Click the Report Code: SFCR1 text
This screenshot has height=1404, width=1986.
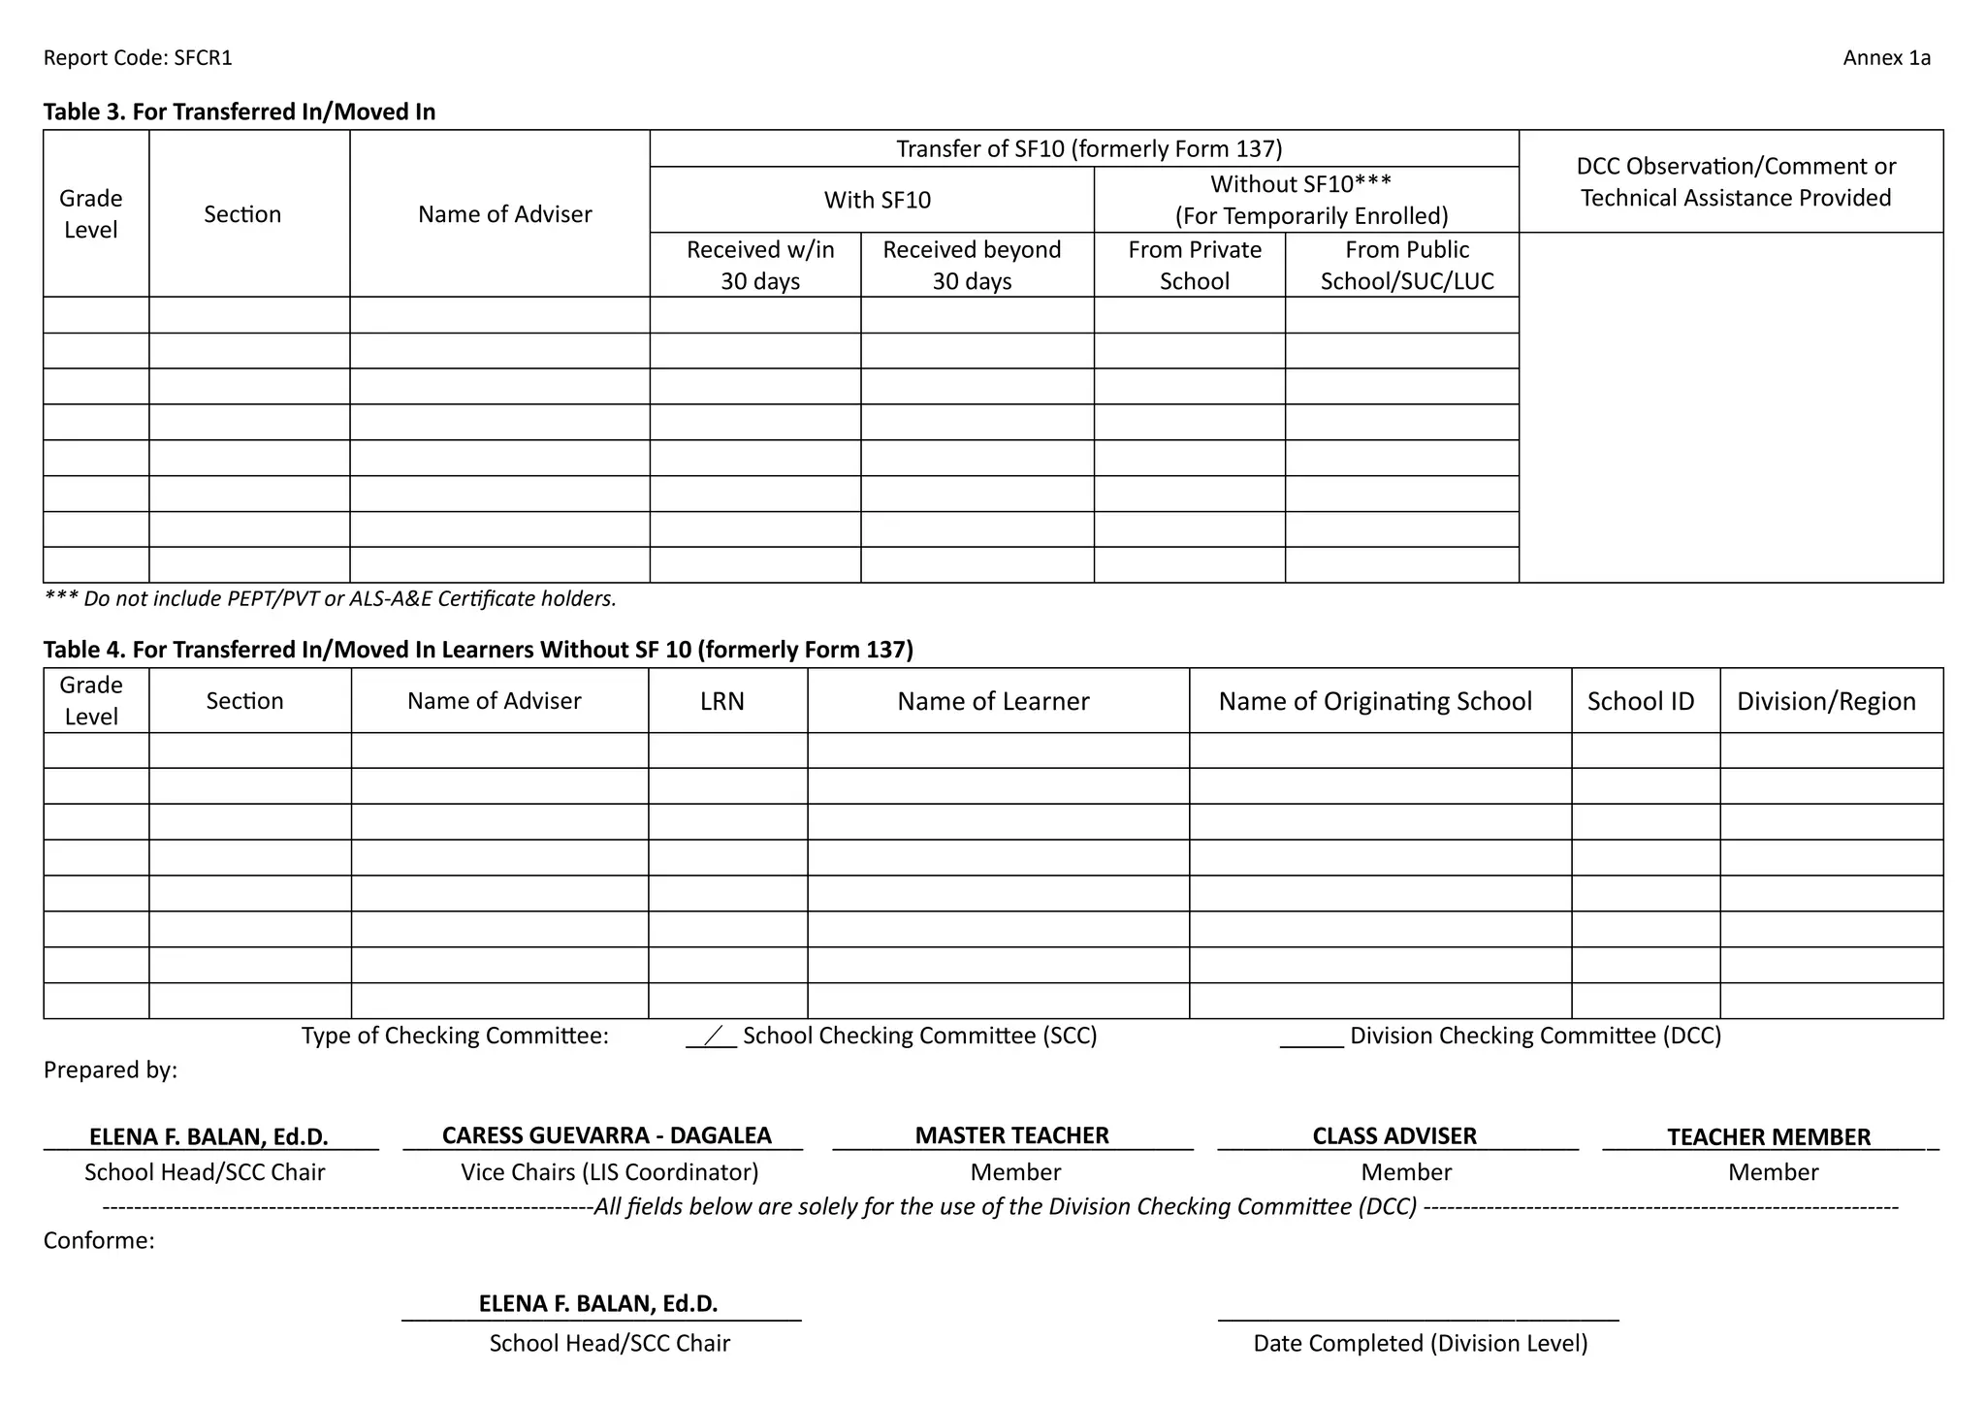138,58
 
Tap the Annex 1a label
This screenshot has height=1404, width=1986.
1886,58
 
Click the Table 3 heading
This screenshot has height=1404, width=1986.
240,112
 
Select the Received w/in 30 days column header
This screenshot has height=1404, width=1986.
760,265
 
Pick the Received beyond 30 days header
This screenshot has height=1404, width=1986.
972,265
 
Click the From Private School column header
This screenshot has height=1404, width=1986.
1195,265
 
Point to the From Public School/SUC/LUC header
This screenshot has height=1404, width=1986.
1406,265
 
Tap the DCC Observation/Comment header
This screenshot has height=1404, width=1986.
1735,181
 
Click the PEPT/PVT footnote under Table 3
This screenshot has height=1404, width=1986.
331,599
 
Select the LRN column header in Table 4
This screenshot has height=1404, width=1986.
722,701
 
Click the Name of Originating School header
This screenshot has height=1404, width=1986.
1375,701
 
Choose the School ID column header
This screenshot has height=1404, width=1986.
1641,701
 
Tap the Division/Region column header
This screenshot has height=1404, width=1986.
1826,701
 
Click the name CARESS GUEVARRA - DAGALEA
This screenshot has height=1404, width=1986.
606,1135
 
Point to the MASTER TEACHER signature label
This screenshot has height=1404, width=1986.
1011,1135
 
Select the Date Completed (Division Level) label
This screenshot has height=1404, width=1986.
1420,1343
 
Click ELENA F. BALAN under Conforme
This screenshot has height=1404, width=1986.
598,1303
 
